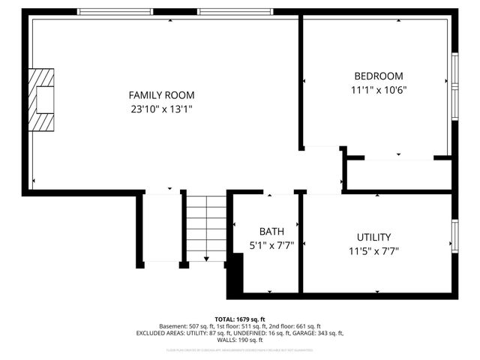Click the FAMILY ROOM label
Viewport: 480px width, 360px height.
[x=161, y=95]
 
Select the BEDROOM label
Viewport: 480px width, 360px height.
[x=378, y=76]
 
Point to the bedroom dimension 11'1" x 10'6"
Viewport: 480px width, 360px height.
[x=378, y=89]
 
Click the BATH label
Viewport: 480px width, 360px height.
[x=271, y=231]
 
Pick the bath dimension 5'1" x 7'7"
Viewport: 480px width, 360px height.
[x=271, y=244]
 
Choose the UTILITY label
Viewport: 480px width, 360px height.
[x=373, y=237]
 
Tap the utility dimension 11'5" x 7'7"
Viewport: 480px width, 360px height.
[x=373, y=250]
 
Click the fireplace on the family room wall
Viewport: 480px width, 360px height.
[x=42, y=100]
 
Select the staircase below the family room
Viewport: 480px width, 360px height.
[x=205, y=228]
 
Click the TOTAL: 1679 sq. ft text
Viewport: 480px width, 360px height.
[x=240, y=319]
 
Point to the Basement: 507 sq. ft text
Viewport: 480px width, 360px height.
[x=189, y=326]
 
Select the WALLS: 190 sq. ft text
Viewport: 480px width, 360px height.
[x=240, y=340]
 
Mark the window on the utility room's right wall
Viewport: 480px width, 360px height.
[x=454, y=235]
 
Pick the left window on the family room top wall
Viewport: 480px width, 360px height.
[x=114, y=12]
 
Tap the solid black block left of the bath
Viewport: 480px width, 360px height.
[x=235, y=274]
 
